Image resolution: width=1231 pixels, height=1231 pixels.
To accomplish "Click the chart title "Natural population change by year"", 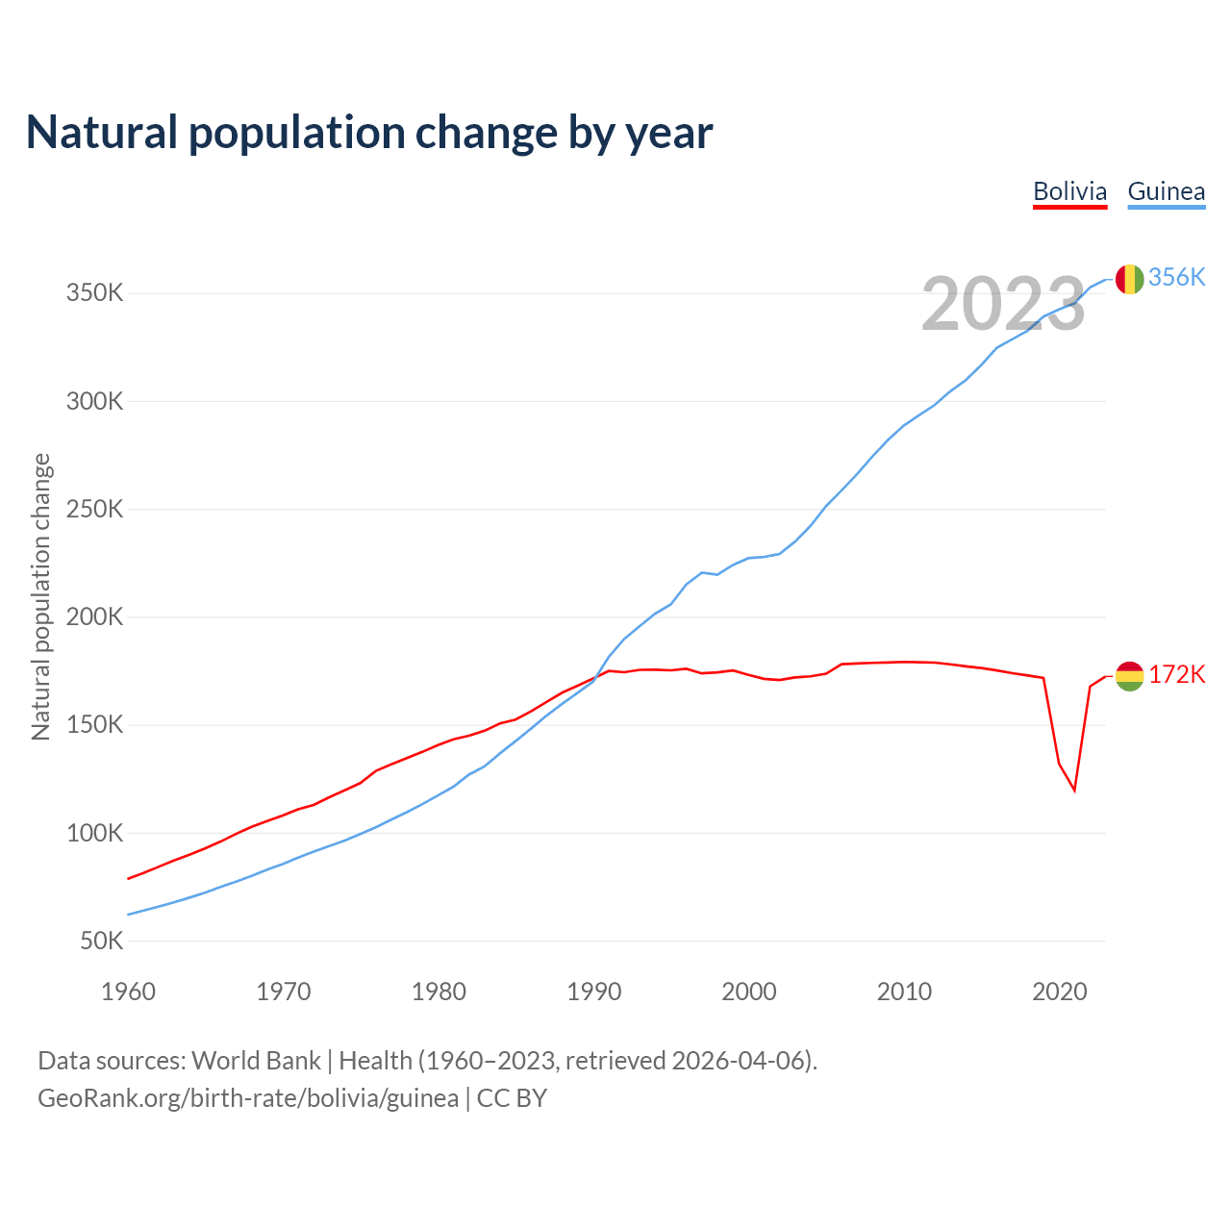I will click(x=368, y=133).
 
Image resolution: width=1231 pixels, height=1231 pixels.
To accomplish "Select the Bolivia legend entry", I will click(x=1069, y=191).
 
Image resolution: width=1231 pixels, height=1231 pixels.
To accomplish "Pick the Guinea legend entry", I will click(x=1166, y=191).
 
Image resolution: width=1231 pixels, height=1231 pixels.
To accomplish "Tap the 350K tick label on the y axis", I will click(x=94, y=292).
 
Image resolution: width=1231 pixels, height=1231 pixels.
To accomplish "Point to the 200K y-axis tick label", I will click(x=94, y=616).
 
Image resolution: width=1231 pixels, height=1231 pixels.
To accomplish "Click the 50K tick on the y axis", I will click(x=101, y=941).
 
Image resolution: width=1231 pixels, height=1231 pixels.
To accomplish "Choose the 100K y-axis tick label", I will click(x=94, y=833).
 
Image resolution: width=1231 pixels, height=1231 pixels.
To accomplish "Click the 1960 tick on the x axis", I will click(x=128, y=992).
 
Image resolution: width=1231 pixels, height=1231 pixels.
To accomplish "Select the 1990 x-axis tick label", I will click(x=593, y=992).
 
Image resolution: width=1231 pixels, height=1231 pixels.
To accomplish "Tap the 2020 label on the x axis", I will click(x=1059, y=992).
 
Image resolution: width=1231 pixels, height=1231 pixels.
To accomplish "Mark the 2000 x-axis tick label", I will click(x=749, y=992).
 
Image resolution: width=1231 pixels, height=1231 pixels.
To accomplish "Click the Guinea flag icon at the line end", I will click(x=1129, y=279).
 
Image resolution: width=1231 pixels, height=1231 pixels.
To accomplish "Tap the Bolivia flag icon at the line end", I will click(x=1129, y=676).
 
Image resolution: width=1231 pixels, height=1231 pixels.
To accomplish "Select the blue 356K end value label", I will click(x=1176, y=277).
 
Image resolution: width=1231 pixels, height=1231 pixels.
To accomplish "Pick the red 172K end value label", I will click(x=1176, y=674).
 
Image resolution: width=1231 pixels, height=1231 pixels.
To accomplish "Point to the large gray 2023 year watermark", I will click(x=1003, y=304).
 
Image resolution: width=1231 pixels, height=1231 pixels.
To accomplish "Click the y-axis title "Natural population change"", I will click(x=40, y=597).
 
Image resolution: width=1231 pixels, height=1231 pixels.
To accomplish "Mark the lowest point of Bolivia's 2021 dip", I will click(x=1074, y=791).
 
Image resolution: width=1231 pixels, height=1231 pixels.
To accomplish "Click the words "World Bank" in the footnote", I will click(x=256, y=1061).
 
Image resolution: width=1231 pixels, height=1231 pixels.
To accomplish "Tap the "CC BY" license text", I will click(x=512, y=1098).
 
